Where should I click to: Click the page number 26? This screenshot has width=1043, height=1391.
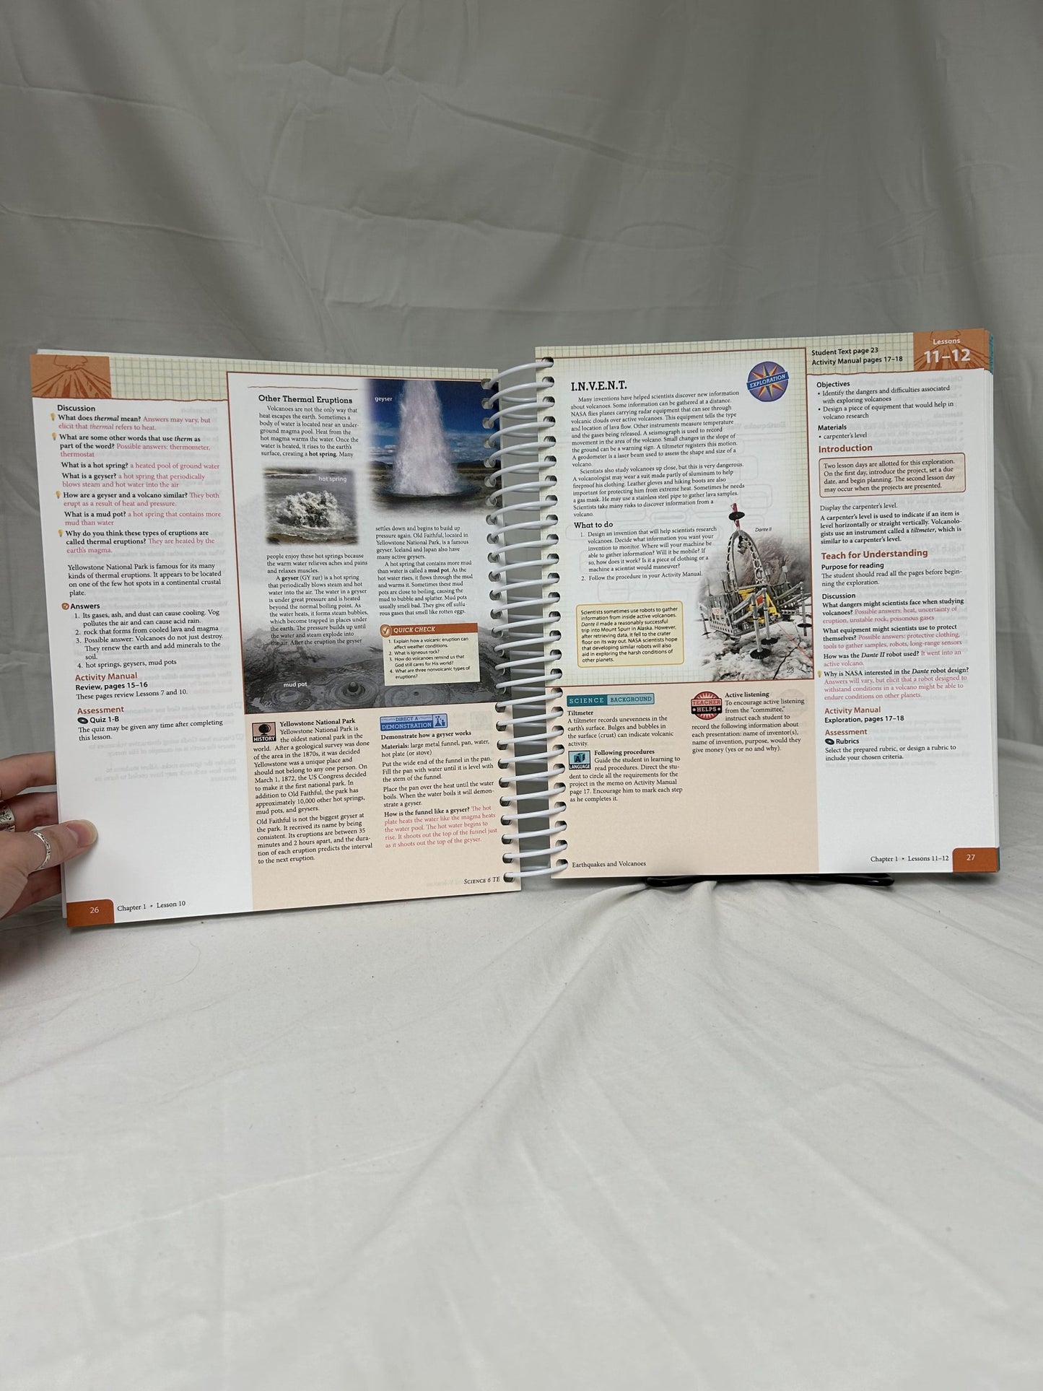point(95,910)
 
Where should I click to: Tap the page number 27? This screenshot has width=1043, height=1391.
point(970,858)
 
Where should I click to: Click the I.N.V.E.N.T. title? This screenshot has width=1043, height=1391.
point(598,386)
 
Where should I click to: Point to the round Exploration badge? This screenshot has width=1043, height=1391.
point(769,378)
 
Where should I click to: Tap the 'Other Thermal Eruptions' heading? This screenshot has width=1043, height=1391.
point(305,399)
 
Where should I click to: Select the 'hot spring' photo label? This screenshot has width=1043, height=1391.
point(332,479)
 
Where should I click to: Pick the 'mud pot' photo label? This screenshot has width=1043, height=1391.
point(294,684)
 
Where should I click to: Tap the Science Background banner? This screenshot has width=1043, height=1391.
point(610,699)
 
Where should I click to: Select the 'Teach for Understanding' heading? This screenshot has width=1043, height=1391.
point(873,554)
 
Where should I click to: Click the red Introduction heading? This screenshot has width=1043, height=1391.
point(845,448)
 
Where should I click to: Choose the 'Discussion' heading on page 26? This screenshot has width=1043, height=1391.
point(77,408)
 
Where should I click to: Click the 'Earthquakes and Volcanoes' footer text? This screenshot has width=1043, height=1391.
point(608,863)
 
